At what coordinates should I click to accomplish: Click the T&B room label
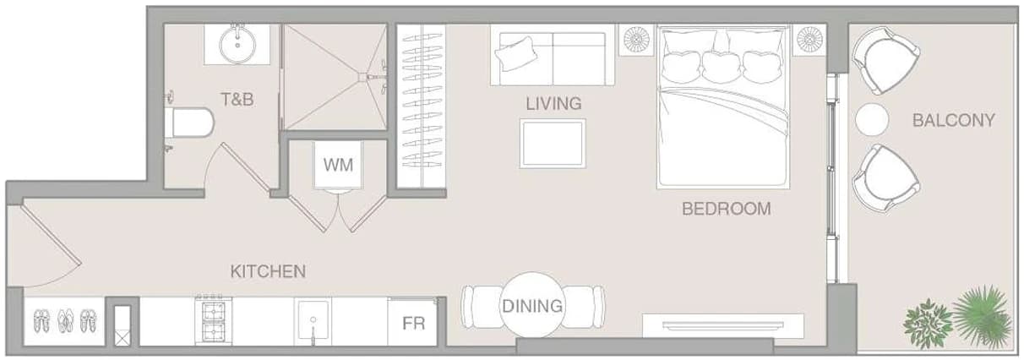(237, 99)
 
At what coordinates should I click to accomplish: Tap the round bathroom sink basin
(237, 45)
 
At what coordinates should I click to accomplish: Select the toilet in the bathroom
(190, 123)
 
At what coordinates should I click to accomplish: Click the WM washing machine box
(338, 165)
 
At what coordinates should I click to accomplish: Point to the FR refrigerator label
(413, 324)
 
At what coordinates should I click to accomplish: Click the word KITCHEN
(268, 271)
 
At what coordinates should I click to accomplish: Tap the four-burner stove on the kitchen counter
(214, 321)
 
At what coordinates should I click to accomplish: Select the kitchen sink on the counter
(313, 321)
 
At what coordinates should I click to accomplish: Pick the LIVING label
(553, 103)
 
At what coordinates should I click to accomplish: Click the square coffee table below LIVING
(553, 143)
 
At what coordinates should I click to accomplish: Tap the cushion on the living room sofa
(516, 53)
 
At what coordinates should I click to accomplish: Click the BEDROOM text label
(727, 209)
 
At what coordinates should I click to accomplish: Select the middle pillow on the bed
(722, 67)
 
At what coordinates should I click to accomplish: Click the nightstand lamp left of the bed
(636, 40)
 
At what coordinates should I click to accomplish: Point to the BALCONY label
(954, 120)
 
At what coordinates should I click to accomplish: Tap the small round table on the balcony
(872, 119)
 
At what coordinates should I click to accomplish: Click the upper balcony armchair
(885, 60)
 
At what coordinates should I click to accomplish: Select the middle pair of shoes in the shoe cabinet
(65, 320)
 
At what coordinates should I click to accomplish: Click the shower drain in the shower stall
(362, 77)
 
